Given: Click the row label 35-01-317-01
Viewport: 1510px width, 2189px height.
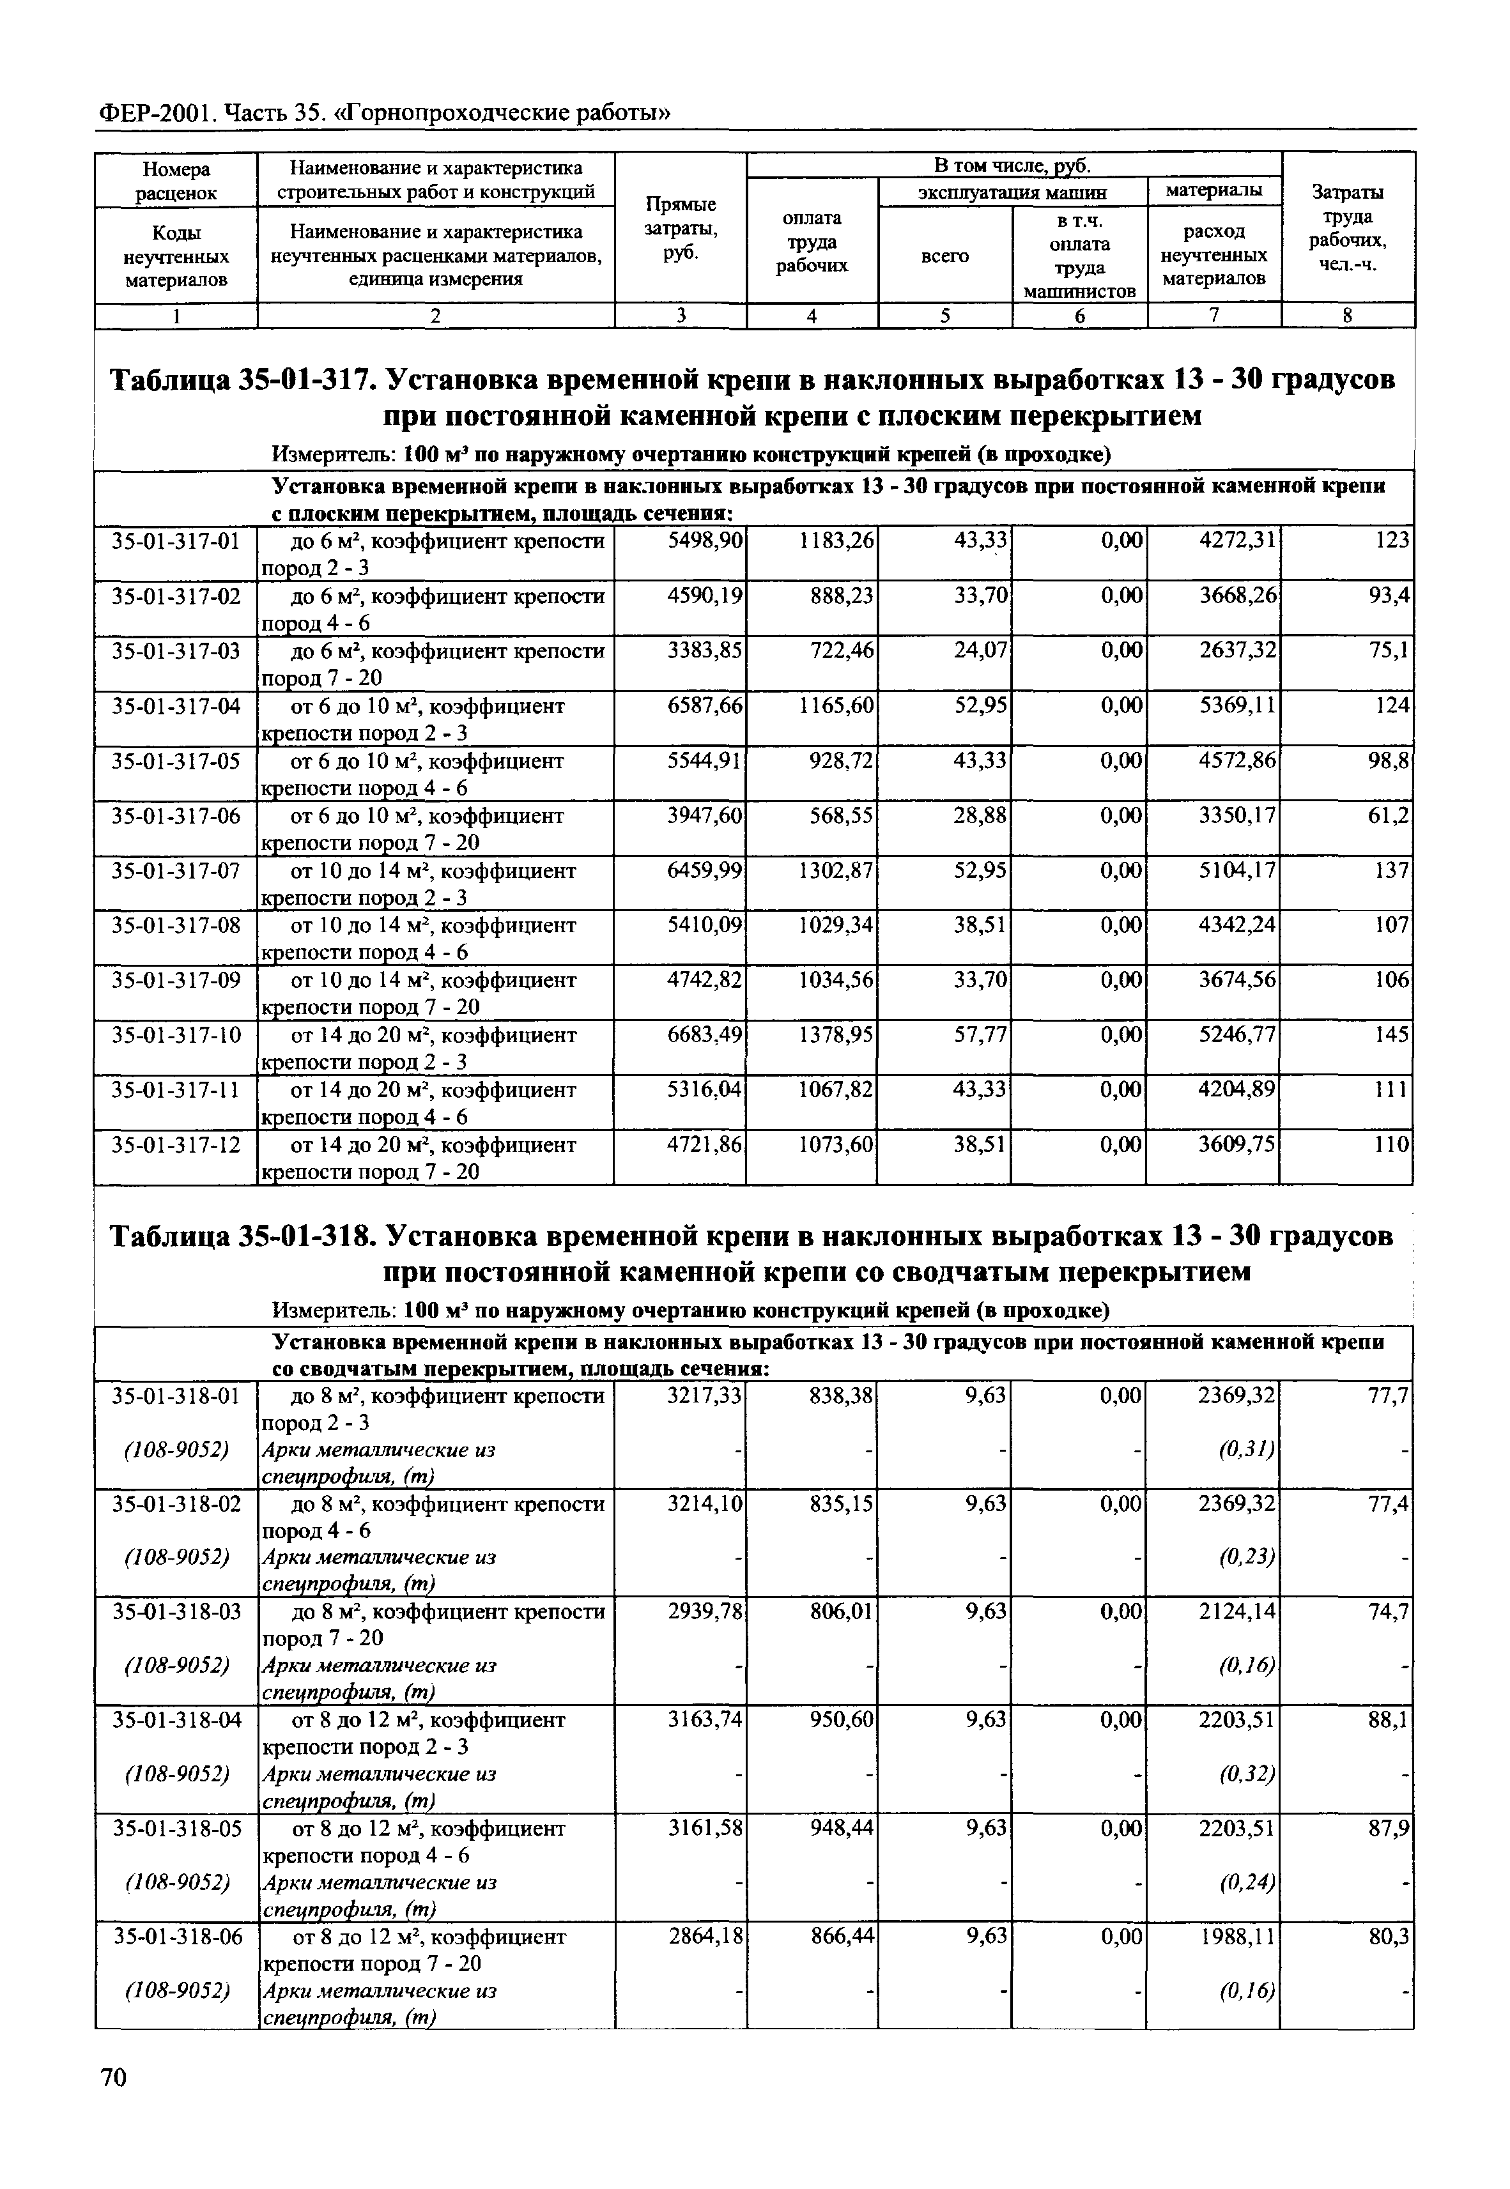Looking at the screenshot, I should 176,541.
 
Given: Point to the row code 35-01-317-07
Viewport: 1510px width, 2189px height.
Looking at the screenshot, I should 176,870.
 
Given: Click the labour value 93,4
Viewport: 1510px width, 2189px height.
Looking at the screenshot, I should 1389,596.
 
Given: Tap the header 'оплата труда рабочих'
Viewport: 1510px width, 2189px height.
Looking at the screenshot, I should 812,242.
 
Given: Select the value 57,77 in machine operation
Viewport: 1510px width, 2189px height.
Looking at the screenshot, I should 979,1035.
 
